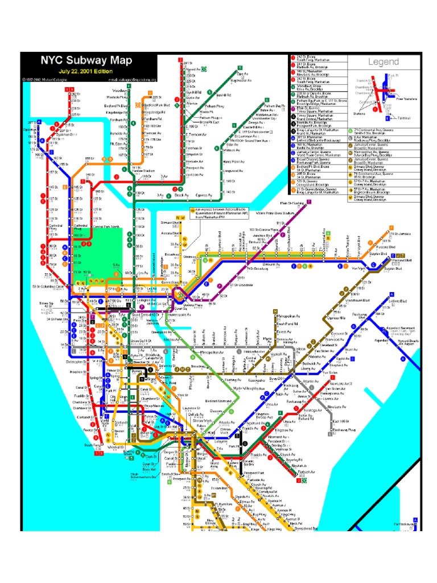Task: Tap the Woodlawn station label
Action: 119,90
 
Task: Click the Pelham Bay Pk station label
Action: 274,106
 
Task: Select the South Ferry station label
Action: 91,445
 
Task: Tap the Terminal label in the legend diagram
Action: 404,118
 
